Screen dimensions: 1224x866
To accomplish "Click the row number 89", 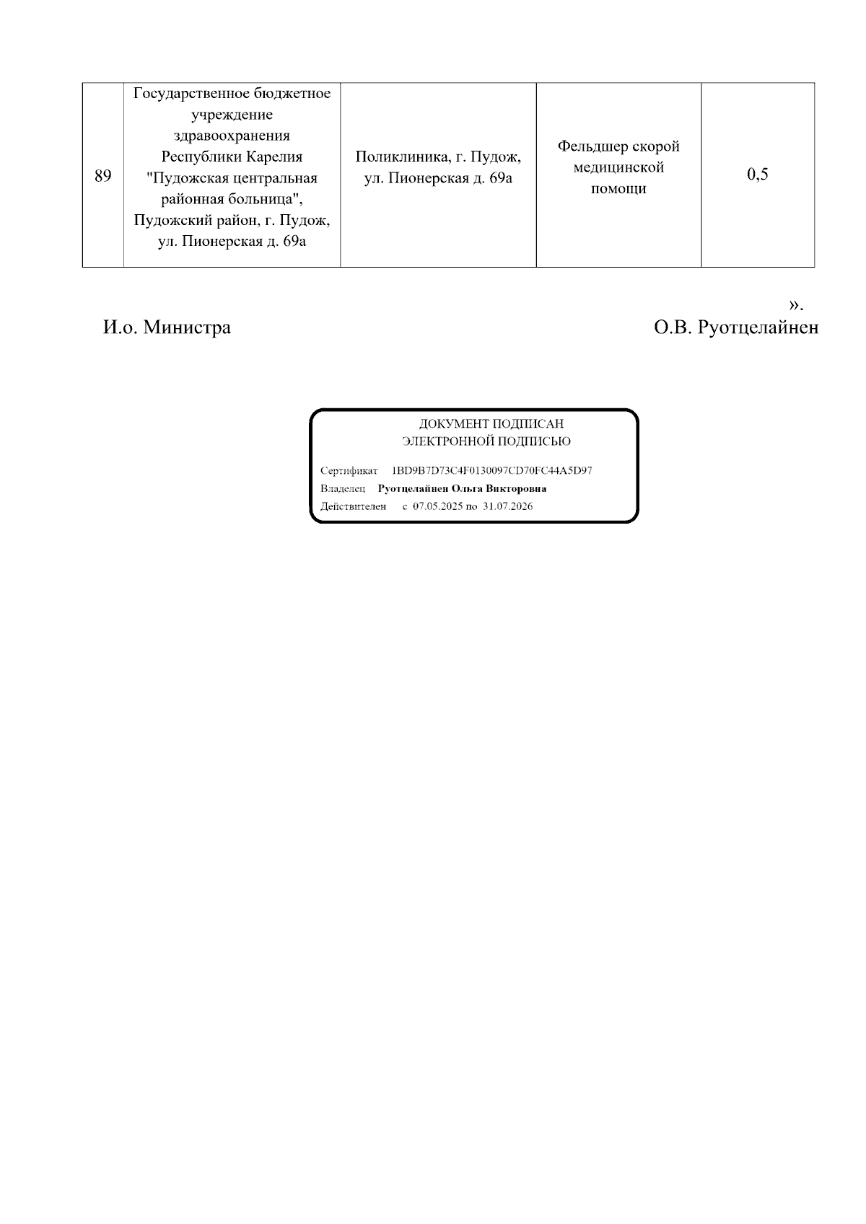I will [102, 175].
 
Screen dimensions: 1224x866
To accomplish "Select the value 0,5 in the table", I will [757, 175].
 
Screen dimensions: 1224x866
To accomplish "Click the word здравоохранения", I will [232, 136].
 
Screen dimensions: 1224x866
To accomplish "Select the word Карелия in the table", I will [275, 157].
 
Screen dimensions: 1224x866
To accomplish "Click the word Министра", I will [187, 327].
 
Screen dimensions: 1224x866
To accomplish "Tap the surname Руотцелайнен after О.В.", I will [758, 327].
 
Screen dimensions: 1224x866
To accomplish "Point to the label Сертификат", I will [349, 471].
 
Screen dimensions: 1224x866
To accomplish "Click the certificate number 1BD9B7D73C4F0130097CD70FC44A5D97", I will [491, 471].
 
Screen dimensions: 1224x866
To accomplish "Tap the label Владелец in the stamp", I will [343, 489].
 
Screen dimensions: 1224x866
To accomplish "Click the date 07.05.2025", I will [437, 506].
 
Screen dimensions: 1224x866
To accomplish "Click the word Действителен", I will [353, 506].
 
